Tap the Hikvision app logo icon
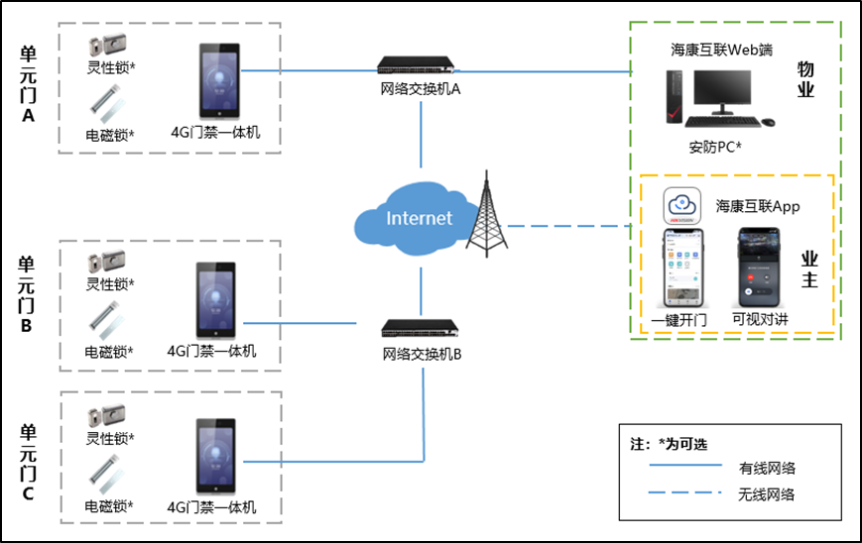coord(682,207)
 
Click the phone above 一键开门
coord(683,270)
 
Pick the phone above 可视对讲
coord(757,269)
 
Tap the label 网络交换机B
coord(422,354)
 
